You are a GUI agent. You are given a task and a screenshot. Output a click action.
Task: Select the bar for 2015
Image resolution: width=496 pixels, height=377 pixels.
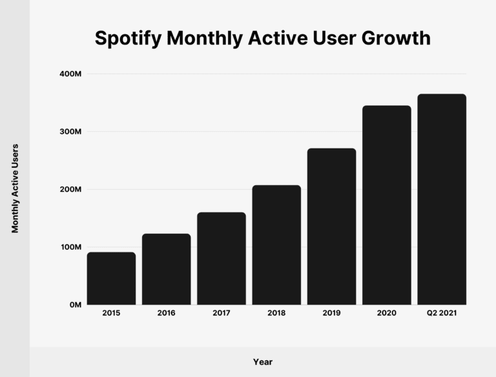pos(111,278)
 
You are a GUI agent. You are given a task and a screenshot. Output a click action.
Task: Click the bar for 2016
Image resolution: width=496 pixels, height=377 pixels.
pos(166,269)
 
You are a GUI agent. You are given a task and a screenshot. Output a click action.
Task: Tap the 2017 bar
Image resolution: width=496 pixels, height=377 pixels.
pos(222,258)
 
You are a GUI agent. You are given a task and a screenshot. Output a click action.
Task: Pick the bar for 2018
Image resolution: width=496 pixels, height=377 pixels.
pos(276,245)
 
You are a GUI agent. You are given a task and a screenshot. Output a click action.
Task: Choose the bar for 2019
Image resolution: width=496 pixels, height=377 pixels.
pos(331,227)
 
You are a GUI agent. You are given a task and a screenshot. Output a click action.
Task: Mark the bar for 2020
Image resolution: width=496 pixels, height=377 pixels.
pos(387,205)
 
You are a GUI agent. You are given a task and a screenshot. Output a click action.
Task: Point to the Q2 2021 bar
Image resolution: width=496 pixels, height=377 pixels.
pos(442,199)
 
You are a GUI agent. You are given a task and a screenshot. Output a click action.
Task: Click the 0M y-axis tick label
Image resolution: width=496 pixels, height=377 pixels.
pos(74,305)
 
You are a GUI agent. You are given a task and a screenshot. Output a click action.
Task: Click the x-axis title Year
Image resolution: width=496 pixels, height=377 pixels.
pos(262,362)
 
